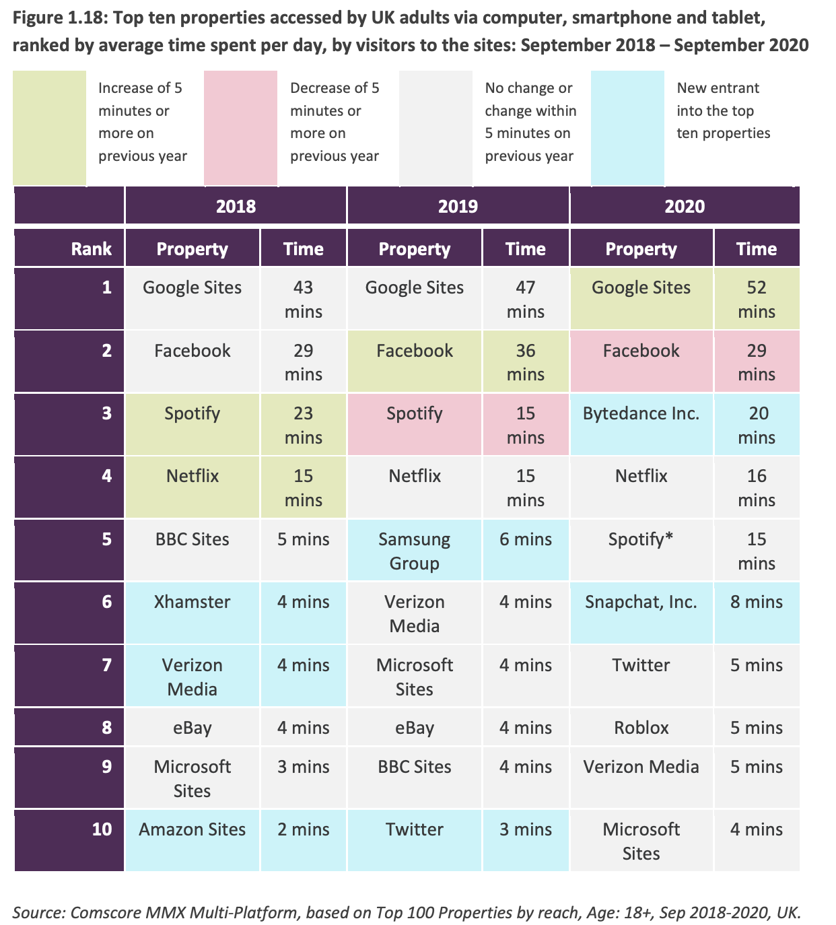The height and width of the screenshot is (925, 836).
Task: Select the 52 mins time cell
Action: tap(757, 299)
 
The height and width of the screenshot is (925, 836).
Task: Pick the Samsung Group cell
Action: tap(414, 551)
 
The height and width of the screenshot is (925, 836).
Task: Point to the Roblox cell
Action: tap(641, 728)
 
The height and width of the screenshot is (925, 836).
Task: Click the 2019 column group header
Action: tap(458, 206)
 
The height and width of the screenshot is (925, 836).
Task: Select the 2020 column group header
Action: tap(685, 206)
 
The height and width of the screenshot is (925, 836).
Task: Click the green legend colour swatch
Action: tap(49, 127)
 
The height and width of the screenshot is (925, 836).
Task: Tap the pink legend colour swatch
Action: tap(241, 127)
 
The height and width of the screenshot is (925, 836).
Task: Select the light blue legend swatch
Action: tap(627, 127)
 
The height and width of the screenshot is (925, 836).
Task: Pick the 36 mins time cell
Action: tap(525, 362)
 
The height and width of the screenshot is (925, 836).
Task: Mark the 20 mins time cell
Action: tap(757, 425)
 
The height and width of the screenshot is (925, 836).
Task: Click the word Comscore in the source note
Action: tap(103, 913)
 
